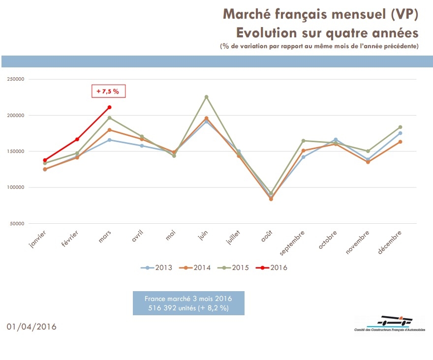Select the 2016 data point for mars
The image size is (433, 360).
pyautogui.click(x=109, y=107)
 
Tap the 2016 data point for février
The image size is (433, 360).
pyautogui.click(x=77, y=139)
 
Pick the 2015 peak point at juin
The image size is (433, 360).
pyautogui.click(x=206, y=97)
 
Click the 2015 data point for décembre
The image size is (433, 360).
pyautogui.click(x=400, y=127)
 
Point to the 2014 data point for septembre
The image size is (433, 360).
pyautogui.click(x=303, y=150)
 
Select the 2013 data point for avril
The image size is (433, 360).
pyautogui.click(x=142, y=146)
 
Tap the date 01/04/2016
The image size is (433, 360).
pyautogui.click(x=32, y=327)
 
